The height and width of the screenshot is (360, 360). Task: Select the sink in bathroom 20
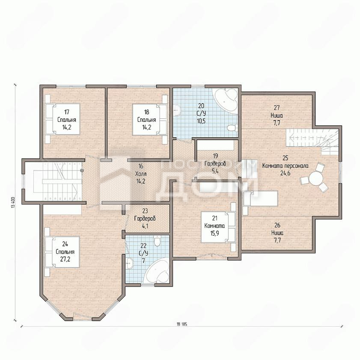[x=177, y=111]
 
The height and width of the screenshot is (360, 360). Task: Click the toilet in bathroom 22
[x=157, y=241]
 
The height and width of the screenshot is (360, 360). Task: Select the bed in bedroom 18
[x=150, y=119]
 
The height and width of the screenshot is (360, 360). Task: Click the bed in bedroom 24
[x=62, y=252]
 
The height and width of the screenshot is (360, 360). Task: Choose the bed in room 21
[x=218, y=227]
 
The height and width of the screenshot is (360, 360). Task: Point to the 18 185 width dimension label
[x=182, y=325]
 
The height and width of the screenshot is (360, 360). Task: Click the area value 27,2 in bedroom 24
[x=65, y=259]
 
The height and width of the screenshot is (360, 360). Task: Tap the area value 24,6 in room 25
[x=285, y=173]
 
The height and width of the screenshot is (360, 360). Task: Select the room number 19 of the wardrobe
[x=215, y=156]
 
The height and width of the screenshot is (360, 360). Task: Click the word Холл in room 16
[x=141, y=174]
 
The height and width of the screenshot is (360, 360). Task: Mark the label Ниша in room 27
[x=277, y=115]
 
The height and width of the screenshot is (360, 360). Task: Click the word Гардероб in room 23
[x=145, y=218]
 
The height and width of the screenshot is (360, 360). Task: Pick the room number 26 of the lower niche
[x=277, y=225]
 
